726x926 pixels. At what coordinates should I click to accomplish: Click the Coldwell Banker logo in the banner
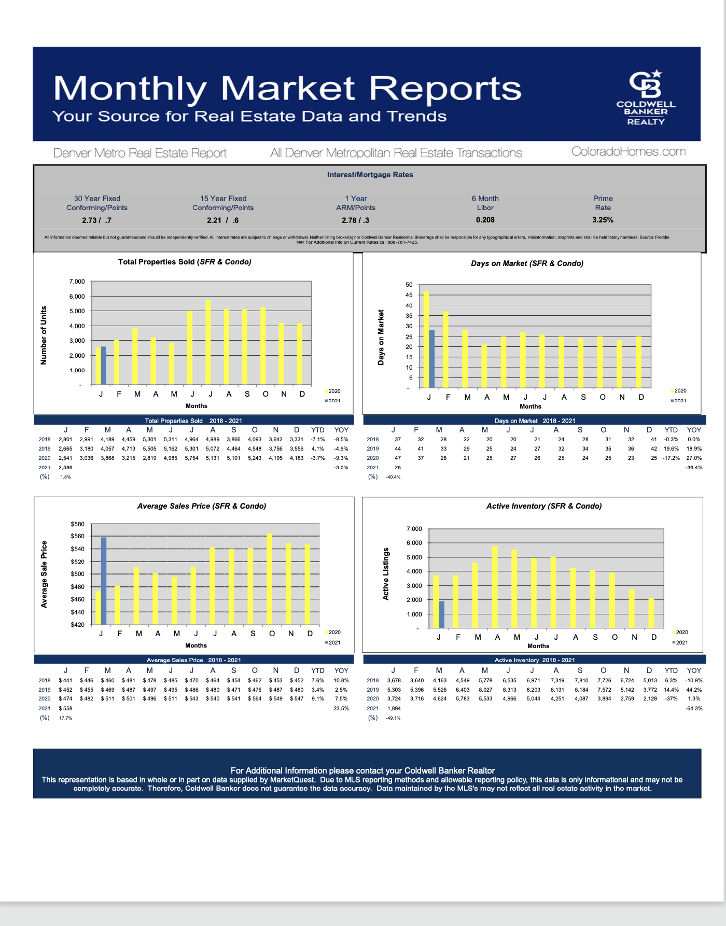pos(646,97)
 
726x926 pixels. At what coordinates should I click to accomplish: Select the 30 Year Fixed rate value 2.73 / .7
pos(96,220)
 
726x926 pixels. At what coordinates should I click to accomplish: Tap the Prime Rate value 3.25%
pos(603,220)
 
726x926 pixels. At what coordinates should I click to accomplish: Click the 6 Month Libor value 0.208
pos(485,220)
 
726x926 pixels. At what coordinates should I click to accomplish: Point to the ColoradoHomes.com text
pos(628,151)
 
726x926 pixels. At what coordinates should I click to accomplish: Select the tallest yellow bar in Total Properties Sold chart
pos(208,342)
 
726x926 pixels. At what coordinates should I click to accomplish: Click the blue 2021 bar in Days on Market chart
pos(432,359)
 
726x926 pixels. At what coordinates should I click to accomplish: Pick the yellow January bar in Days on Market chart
pos(426,339)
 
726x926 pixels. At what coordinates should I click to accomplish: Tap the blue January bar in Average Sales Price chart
pos(104,581)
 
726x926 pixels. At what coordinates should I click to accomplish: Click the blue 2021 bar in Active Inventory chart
pos(441,614)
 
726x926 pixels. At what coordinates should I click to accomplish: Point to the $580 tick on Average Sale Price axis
pos(77,524)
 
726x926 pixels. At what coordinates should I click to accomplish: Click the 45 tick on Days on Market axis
pos(409,295)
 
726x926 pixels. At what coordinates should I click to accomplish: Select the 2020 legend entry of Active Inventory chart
pos(680,632)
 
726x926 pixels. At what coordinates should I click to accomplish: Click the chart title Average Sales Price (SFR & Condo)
pos(201,506)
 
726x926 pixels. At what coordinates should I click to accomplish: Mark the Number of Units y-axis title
pos(44,335)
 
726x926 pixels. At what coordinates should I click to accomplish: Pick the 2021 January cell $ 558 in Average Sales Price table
pos(65,708)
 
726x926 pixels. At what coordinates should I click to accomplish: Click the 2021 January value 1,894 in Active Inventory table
pos(394,708)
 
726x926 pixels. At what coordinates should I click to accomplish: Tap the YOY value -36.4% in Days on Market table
pos(694,468)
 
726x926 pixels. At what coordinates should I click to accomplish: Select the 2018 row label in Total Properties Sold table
pos(45,439)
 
